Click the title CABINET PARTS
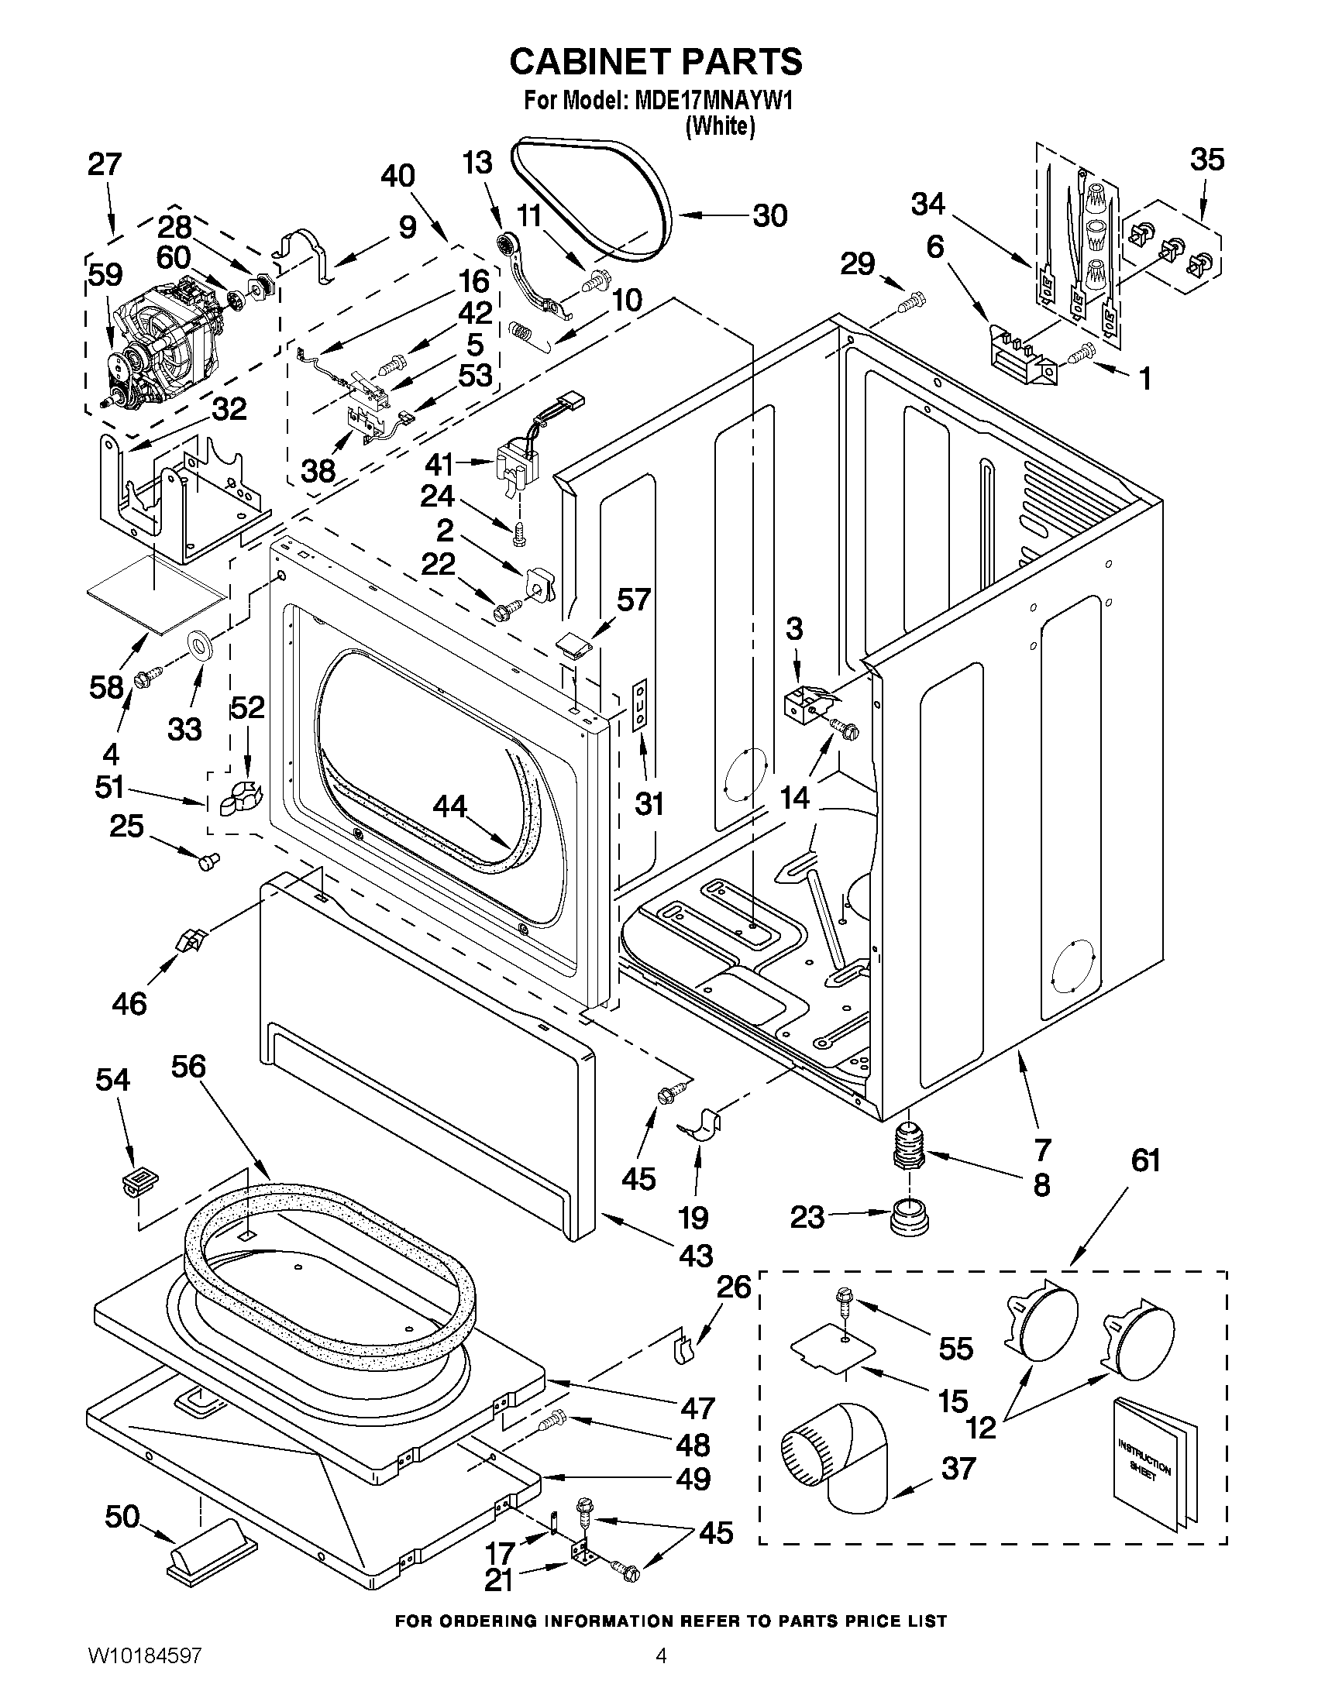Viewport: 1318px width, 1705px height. (656, 63)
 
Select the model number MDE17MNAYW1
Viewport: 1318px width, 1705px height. (708, 102)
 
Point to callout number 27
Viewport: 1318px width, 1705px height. (105, 165)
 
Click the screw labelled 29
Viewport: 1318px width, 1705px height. (911, 301)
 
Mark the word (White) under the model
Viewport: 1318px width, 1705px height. (720, 126)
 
